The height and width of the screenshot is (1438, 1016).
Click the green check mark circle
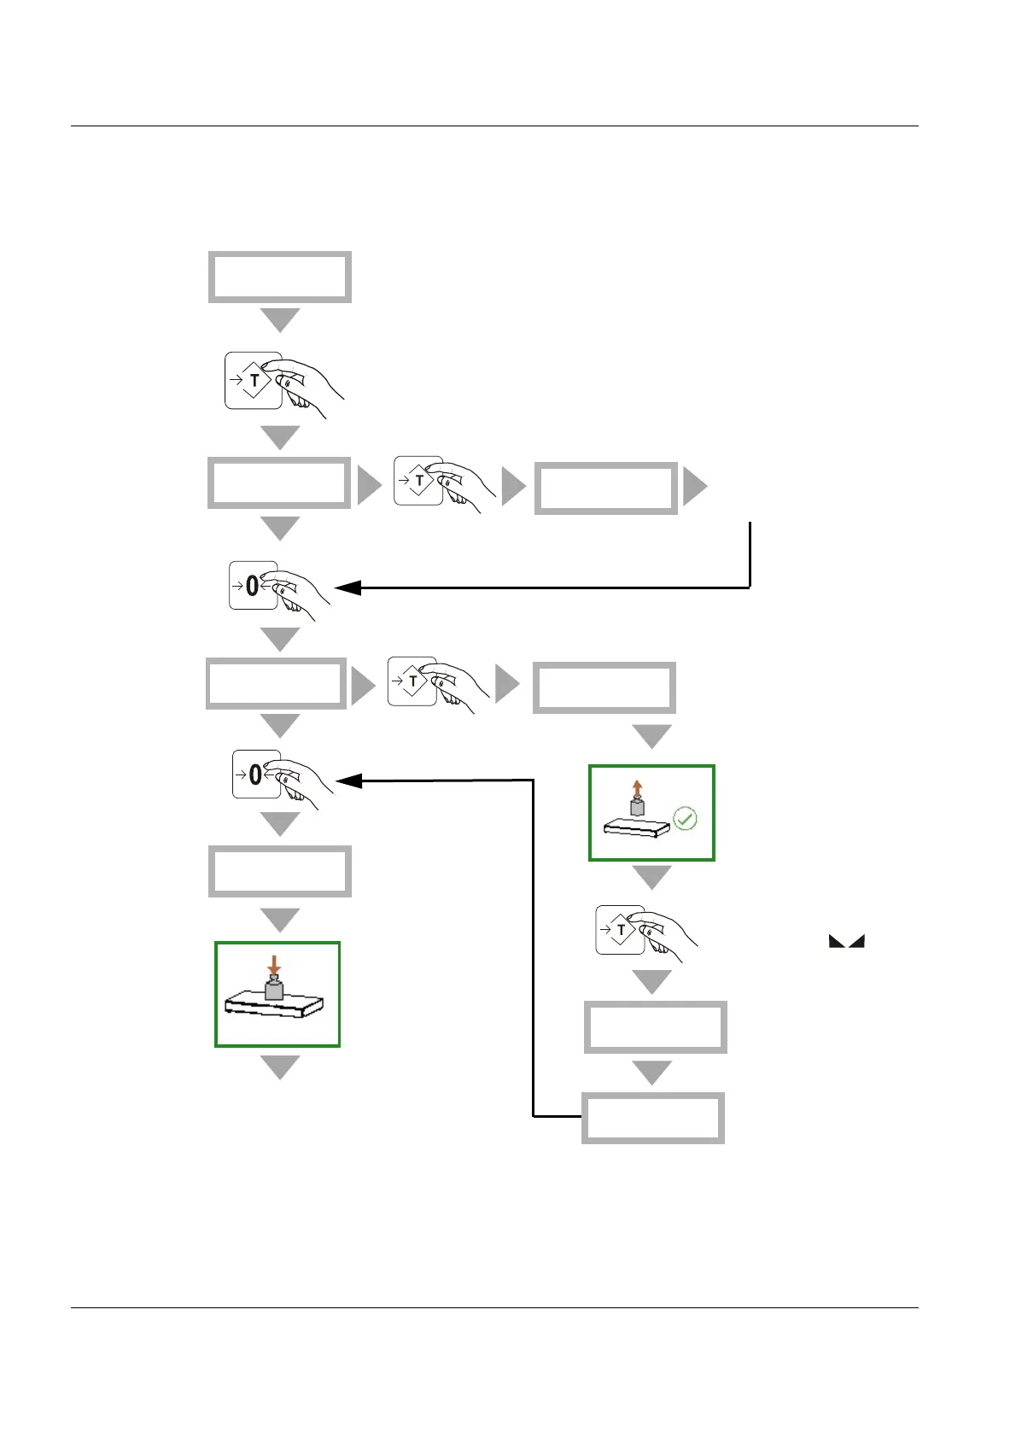[x=685, y=819]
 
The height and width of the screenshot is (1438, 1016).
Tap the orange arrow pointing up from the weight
[x=637, y=787]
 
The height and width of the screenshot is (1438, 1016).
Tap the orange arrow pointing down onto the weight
[x=273, y=966]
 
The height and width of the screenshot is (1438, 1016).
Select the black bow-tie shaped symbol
[x=846, y=941]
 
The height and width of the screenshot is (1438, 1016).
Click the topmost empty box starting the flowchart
[x=280, y=277]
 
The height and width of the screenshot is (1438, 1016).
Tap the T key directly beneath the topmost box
[x=254, y=380]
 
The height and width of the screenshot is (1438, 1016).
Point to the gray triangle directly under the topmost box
[x=280, y=319]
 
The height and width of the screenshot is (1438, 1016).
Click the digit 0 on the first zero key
[x=252, y=586]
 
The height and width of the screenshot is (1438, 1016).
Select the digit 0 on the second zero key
[x=255, y=775]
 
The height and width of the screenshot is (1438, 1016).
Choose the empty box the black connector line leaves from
[x=653, y=1118]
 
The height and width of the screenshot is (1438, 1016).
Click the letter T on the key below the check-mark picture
[x=621, y=930]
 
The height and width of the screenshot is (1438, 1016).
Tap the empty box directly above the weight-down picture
[x=280, y=871]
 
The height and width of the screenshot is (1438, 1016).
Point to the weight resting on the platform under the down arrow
[x=273, y=990]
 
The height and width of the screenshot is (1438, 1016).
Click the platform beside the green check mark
[x=636, y=827]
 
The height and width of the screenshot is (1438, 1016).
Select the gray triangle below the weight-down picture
[x=280, y=1067]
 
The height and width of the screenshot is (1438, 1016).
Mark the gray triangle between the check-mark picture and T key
[x=652, y=877]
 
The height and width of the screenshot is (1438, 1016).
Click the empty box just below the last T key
[x=656, y=1027]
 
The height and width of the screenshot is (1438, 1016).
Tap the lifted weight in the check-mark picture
[x=637, y=806]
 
